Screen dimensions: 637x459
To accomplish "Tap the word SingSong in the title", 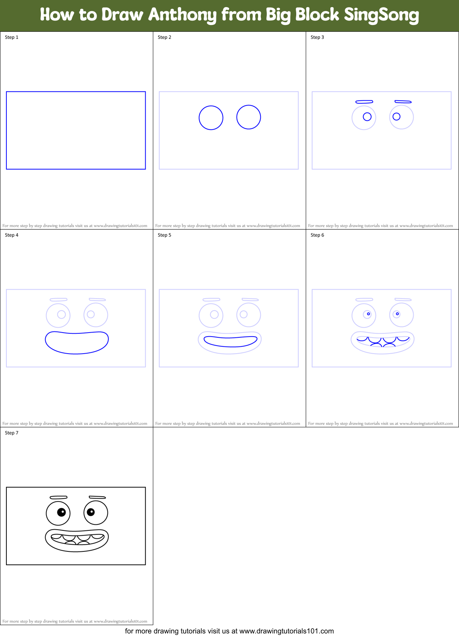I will pos(381,15).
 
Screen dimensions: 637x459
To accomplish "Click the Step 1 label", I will pos(12,37).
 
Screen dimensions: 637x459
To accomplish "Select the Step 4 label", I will pos(12,235).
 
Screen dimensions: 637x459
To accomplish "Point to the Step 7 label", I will pos(12,433).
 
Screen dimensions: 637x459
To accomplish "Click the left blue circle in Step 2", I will pos(211,118).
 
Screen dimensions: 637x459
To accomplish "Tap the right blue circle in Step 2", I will pos(249,117).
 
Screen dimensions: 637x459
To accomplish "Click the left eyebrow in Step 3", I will pos(364,102).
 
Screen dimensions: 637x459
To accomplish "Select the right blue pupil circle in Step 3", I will pos(396,117).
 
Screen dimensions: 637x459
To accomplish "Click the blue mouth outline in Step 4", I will pos(77,352).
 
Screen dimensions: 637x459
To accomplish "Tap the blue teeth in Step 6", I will pos(383,341).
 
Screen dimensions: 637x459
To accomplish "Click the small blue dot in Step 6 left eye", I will pos(368,314).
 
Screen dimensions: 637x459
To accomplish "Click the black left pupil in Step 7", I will pos(62,512).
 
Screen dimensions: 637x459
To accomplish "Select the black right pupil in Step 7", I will pos(91,512).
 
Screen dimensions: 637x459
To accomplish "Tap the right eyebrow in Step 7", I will pos(97,497).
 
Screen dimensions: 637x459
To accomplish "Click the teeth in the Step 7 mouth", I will pos(77,538).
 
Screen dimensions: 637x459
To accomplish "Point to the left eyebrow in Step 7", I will pos(58,497).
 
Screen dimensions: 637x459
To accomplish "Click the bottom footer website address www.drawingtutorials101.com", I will pos(286,631).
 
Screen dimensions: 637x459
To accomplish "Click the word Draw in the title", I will pos(122,15).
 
